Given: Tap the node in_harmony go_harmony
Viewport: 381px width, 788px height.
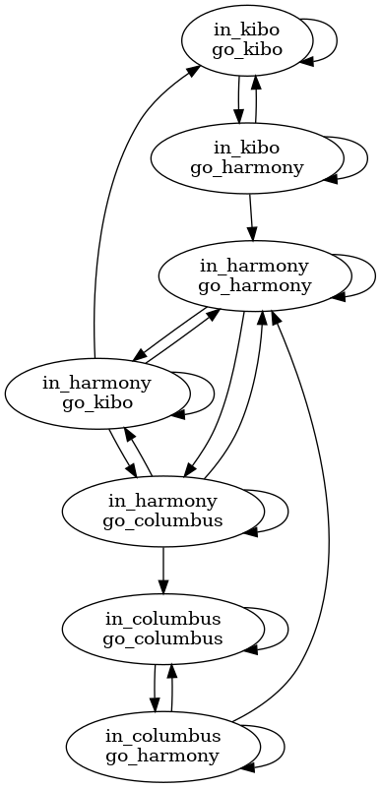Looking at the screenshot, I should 254,276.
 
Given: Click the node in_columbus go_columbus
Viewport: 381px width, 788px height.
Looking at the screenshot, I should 162,628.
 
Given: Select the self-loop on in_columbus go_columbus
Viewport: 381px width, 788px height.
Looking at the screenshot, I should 286,628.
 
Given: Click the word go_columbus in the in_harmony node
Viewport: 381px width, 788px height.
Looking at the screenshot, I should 162,519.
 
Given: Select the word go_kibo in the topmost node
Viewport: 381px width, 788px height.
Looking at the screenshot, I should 240,51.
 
